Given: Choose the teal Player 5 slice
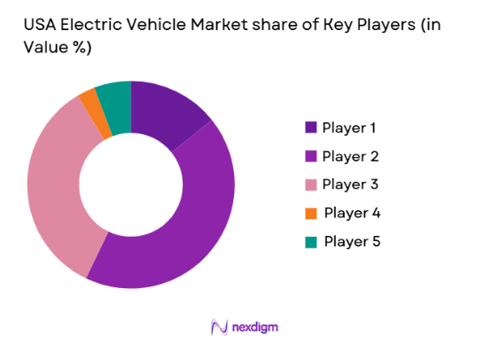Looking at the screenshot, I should pyautogui.click(x=115, y=98).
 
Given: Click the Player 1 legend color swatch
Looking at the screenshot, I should pyautogui.click(x=309, y=128).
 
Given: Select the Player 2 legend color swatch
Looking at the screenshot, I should pyautogui.click(x=309, y=156).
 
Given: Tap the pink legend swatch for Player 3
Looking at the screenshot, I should pyautogui.click(x=309, y=184).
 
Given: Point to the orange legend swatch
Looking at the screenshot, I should pyautogui.click(x=309, y=213).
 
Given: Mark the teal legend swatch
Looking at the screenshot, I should pyautogui.click(x=309, y=241).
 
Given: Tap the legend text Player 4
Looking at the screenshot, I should pyautogui.click(x=352, y=213).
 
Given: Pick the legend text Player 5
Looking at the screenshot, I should pyautogui.click(x=352, y=241).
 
